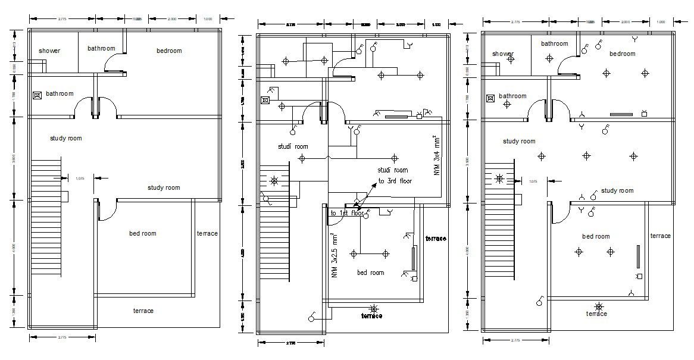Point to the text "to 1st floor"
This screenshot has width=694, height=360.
coord(347,213)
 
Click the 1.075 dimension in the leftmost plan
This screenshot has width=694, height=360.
coord(80,177)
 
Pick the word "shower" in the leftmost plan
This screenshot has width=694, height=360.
coord(49,51)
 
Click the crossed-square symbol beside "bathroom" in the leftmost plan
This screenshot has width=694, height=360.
coord(37,95)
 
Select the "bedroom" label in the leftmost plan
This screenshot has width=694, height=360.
coord(169,51)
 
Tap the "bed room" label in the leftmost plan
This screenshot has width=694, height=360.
coord(143,233)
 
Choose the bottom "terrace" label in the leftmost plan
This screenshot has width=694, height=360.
coord(143,311)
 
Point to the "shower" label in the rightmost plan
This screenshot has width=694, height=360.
coord(503,54)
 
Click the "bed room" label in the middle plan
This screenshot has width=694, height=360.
coord(370,273)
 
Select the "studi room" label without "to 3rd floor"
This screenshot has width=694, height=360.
coord(293,146)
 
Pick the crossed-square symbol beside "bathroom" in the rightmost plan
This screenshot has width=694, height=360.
coord(490,98)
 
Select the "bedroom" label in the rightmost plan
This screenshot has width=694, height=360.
coord(623,54)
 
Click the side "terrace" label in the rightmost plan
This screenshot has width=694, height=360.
coord(660,236)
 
